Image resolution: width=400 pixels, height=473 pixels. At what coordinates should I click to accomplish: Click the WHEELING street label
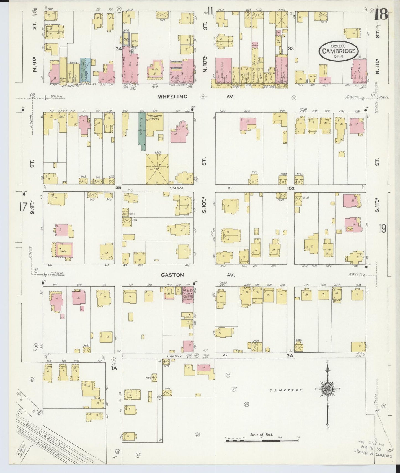click(172, 97)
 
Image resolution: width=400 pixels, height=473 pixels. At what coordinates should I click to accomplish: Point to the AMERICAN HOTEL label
click(154, 118)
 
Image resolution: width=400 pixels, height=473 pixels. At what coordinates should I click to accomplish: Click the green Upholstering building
click(142, 130)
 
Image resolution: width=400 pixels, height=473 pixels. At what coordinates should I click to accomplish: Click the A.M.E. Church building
click(187, 295)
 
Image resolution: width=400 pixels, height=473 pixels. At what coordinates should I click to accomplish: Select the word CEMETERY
click(286, 390)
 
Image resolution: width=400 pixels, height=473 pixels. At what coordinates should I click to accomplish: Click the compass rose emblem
click(327, 388)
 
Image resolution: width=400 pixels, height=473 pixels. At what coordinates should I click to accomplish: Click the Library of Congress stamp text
click(373, 455)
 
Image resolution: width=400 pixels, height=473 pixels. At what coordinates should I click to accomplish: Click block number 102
click(290, 188)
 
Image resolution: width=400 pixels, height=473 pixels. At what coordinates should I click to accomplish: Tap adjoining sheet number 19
click(382, 228)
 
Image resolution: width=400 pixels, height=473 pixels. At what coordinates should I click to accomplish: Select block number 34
click(119, 49)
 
